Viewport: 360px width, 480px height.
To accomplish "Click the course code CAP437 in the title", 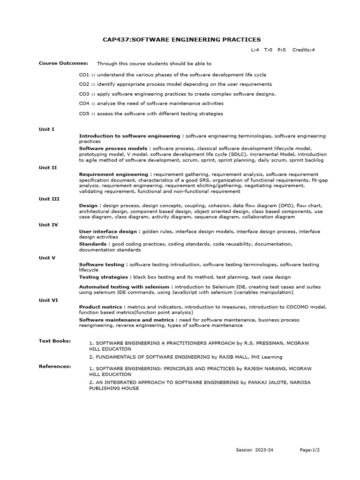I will (115, 39).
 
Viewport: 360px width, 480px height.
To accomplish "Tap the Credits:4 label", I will (303, 50).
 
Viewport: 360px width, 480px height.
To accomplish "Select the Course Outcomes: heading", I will (57, 63).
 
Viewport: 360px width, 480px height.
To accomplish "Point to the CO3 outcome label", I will (84, 94).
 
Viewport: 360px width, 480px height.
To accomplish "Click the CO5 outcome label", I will (84, 113).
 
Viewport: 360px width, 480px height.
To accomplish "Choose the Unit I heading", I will (46, 129).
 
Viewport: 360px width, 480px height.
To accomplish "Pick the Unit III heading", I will (49, 199).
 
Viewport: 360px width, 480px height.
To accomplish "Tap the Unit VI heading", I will (48, 300).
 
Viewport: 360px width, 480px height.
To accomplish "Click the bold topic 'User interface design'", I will (107, 231).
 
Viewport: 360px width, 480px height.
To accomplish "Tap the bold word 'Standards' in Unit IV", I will (93, 244).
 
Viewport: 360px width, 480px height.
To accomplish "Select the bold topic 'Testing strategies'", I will (104, 277).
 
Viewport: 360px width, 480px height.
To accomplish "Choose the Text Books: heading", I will (54, 341).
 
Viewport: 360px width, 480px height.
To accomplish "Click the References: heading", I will (55, 366).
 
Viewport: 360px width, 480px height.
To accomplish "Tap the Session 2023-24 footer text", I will (255, 450).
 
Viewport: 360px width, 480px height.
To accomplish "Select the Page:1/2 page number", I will (310, 450).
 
